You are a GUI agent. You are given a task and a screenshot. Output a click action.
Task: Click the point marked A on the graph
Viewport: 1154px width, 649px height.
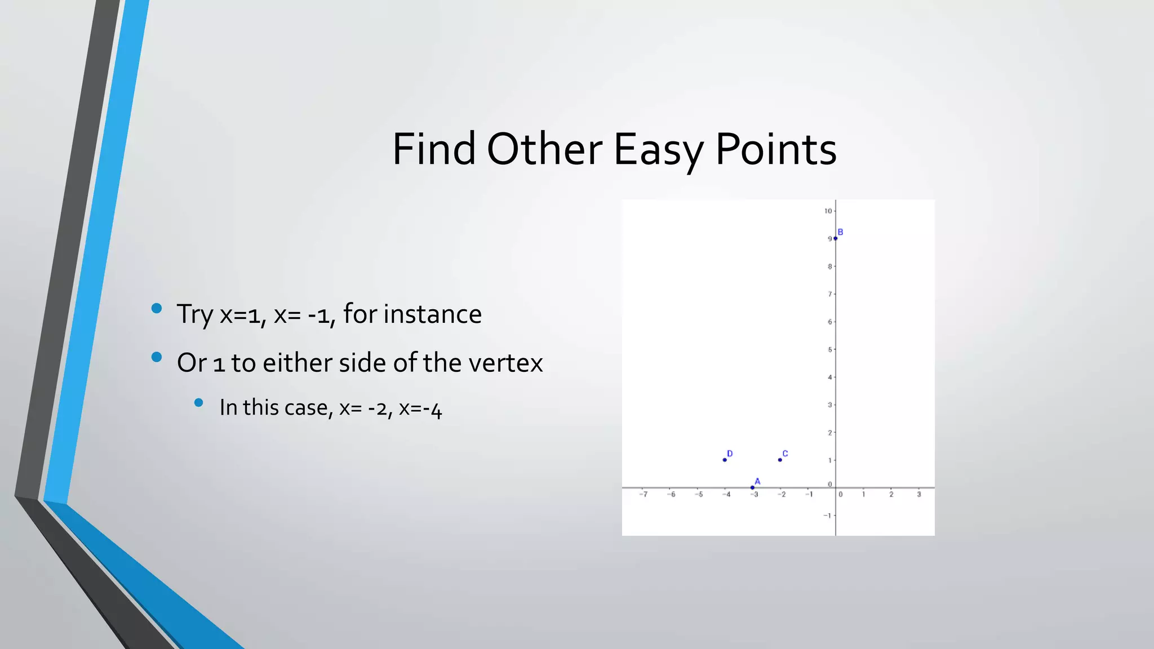[x=752, y=487]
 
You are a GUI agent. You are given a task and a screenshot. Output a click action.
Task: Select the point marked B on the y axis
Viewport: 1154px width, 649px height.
[x=835, y=238]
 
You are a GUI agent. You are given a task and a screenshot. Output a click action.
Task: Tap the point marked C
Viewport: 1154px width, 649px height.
[x=780, y=460]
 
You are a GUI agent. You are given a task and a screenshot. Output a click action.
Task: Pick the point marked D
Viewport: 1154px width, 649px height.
[x=725, y=460]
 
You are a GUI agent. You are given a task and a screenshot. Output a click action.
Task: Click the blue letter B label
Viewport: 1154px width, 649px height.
[x=840, y=232]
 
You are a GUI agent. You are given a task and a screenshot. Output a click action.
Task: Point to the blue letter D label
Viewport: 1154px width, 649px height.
[x=730, y=454]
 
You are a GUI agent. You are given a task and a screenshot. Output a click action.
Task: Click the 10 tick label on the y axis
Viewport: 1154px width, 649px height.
[x=828, y=211]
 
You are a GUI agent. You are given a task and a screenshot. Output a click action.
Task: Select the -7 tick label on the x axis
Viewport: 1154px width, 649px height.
[x=643, y=495]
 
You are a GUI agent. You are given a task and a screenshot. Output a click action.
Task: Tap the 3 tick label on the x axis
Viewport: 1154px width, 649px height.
[x=918, y=495]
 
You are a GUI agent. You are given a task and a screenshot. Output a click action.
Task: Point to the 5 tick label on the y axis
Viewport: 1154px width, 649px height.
[x=829, y=350]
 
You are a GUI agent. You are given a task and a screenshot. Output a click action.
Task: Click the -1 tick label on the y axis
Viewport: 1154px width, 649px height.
[x=827, y=515]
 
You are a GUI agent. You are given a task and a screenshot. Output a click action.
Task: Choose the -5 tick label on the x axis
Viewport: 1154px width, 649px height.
[x=699, y=495]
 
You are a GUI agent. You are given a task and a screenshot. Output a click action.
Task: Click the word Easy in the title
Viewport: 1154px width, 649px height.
[x=658, y=150]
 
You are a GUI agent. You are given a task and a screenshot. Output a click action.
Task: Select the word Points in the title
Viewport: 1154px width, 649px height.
[x=776, y=150]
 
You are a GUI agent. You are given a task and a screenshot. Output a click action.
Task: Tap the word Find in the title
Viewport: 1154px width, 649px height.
[x=434, y=150]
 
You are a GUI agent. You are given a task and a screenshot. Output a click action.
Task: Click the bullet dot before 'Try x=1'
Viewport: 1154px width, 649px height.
[x=157, y=308]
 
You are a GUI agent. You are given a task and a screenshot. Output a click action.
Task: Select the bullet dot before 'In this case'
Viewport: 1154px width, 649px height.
[x=198, y=402]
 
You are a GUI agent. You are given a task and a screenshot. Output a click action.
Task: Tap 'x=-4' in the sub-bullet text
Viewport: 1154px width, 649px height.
[x=420, y=408]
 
